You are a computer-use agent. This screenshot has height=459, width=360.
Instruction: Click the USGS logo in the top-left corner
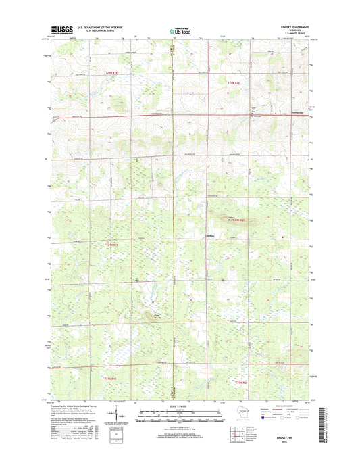pyautogui.click(x=60, y=29)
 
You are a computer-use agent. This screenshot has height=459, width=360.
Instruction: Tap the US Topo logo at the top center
pyautogui.click(x=180, y=30)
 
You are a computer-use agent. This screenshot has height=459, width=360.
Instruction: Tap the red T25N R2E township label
pyautogui.click(x=234, y=82)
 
